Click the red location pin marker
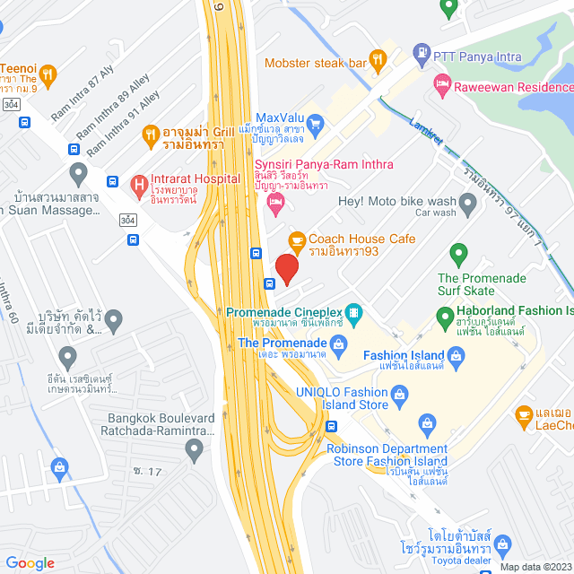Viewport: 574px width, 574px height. coord(286,269)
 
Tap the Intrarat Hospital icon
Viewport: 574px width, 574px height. coord(139,186)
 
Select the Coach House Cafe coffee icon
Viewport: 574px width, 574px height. coord(296,240)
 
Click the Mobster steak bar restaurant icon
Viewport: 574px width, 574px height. coord(378,62)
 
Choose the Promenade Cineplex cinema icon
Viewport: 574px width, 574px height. coord(354,312)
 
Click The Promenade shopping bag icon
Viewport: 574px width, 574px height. coord(338,343)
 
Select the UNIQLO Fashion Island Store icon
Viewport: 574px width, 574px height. coord(401,393)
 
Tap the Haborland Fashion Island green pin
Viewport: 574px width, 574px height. coord(443,317)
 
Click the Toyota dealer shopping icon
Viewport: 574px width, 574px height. coord(502,544)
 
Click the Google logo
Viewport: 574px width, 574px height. coord(30,563)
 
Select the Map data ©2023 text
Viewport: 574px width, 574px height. coord(535,567)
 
